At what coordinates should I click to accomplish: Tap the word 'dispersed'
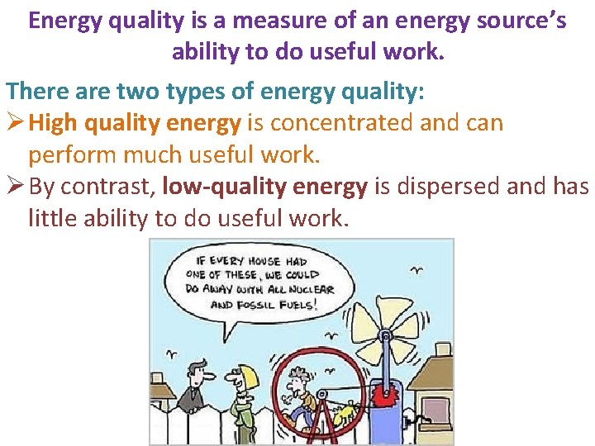click(x=438, y=187)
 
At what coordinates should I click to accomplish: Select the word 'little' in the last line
click(x=54, y=218)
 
